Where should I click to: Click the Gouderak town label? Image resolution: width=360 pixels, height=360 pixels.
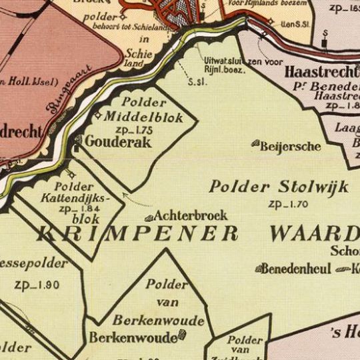pos(118,142)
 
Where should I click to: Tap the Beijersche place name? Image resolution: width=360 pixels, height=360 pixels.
pos(291,146)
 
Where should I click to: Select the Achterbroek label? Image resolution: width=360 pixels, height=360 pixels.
pos(190,216)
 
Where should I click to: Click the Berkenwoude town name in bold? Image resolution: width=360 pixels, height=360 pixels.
pos(133,337)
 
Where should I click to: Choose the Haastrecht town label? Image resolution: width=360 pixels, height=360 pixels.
pos(322,71)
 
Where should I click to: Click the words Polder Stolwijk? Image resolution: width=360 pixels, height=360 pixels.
pos(278,187)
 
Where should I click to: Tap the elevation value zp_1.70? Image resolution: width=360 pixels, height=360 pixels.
pos(288,205)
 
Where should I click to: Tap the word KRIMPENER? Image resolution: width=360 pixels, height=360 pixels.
pos(137,233)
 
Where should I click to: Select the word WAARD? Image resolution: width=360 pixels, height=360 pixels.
pos(314,233)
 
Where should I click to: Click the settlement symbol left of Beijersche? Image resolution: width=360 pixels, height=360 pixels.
pos(255,143)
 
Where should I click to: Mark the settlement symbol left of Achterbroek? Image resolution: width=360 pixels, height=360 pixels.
pos(149,217)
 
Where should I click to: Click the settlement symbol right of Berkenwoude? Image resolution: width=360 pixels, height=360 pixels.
pos(182,337)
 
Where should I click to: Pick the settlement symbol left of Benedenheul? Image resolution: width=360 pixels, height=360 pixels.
pos(258,269)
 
